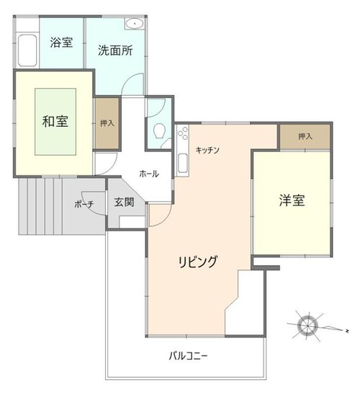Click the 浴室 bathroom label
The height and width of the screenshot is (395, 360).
(x=61, y=43)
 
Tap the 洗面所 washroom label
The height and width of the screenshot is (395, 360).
(x=115, y=50)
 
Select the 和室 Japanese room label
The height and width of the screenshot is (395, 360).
(x=55, y=121)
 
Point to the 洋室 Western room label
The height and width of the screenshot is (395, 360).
(x=292, y=200)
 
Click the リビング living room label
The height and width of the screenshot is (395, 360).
(x=198, y=261)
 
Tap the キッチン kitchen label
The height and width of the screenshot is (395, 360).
(x=207, y=150)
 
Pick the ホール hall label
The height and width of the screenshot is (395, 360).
(x=149, y=174)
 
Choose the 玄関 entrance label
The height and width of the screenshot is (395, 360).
(x=124, y=202)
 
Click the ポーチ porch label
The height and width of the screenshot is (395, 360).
(x=84, y=204)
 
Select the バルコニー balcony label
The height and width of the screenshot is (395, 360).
(x=188, y=356)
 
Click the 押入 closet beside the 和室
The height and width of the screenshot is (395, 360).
(x=107, y=123)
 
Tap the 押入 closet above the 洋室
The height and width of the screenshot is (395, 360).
(x=305, y=136)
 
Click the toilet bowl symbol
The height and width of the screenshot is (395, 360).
(x=160, y=130)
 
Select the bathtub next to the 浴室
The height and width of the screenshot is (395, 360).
(x=27, y=50)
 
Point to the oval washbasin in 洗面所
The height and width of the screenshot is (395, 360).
(x=135, y=24)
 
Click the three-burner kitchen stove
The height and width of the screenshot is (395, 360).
(x=183, y=133)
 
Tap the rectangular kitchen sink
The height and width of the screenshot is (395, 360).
(x=183, y=163)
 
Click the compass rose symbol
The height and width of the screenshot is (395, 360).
(x=307, y=326)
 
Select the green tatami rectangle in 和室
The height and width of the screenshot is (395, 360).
(x=55, y=122)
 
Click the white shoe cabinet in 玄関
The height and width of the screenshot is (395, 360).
(x=132, y=222)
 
